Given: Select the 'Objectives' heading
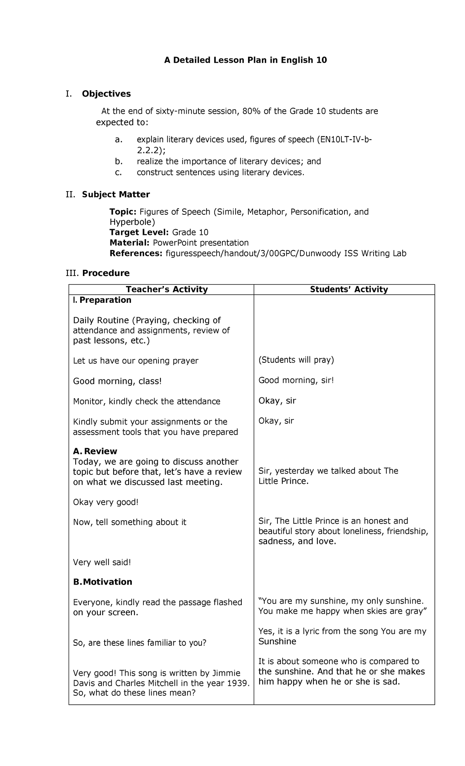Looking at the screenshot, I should (106, 94).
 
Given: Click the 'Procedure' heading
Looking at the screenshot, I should (105, 273).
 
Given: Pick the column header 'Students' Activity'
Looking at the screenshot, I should (349, 289).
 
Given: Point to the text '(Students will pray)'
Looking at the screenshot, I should (296, 360).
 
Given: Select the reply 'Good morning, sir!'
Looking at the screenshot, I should (296, 380).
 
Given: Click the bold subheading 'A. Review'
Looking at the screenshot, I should (95, 451).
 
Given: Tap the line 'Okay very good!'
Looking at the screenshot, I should (105, 502).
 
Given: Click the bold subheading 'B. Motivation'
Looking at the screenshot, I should (103, 582).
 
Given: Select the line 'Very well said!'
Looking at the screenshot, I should (102, 562).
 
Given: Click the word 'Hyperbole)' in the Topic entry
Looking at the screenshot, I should (132, 222).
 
